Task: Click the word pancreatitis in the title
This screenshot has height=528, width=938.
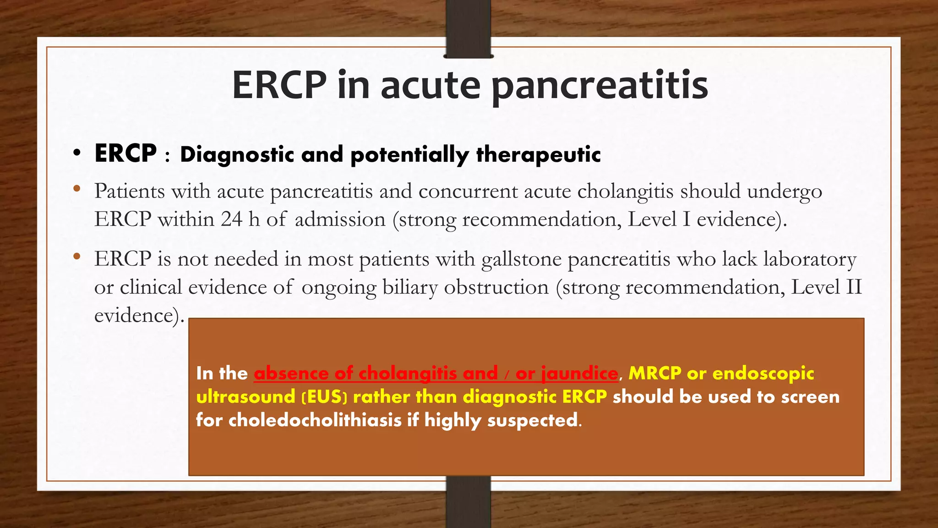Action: pos(600,86)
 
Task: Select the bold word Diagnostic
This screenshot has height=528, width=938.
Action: pos(237,154)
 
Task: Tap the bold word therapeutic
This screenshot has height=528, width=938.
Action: pos(538,154)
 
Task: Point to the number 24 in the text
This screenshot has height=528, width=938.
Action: pos(231,219)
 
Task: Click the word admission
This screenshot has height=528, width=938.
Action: pos(340,220)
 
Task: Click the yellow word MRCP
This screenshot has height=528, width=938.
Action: pos(655,373)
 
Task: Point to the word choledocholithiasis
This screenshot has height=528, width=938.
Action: pos(315,420)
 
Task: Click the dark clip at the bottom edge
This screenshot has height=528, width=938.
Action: pos(468,502)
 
